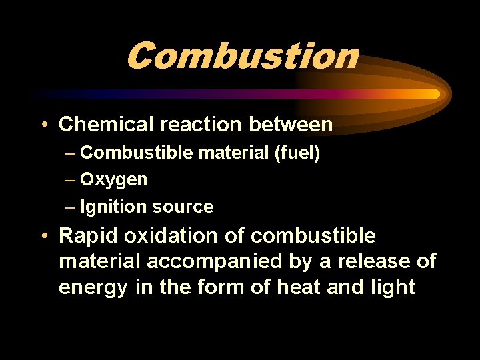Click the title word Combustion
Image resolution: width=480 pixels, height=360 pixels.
tap(241, 55)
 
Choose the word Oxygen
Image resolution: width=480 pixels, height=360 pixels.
tap(114, 180)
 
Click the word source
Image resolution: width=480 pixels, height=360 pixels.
tap(183, 207)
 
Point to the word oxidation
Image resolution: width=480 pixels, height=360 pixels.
tap(167, 236)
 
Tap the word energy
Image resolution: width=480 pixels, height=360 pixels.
tap(85, 288)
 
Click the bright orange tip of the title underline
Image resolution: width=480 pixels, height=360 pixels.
tap(433, 94)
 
